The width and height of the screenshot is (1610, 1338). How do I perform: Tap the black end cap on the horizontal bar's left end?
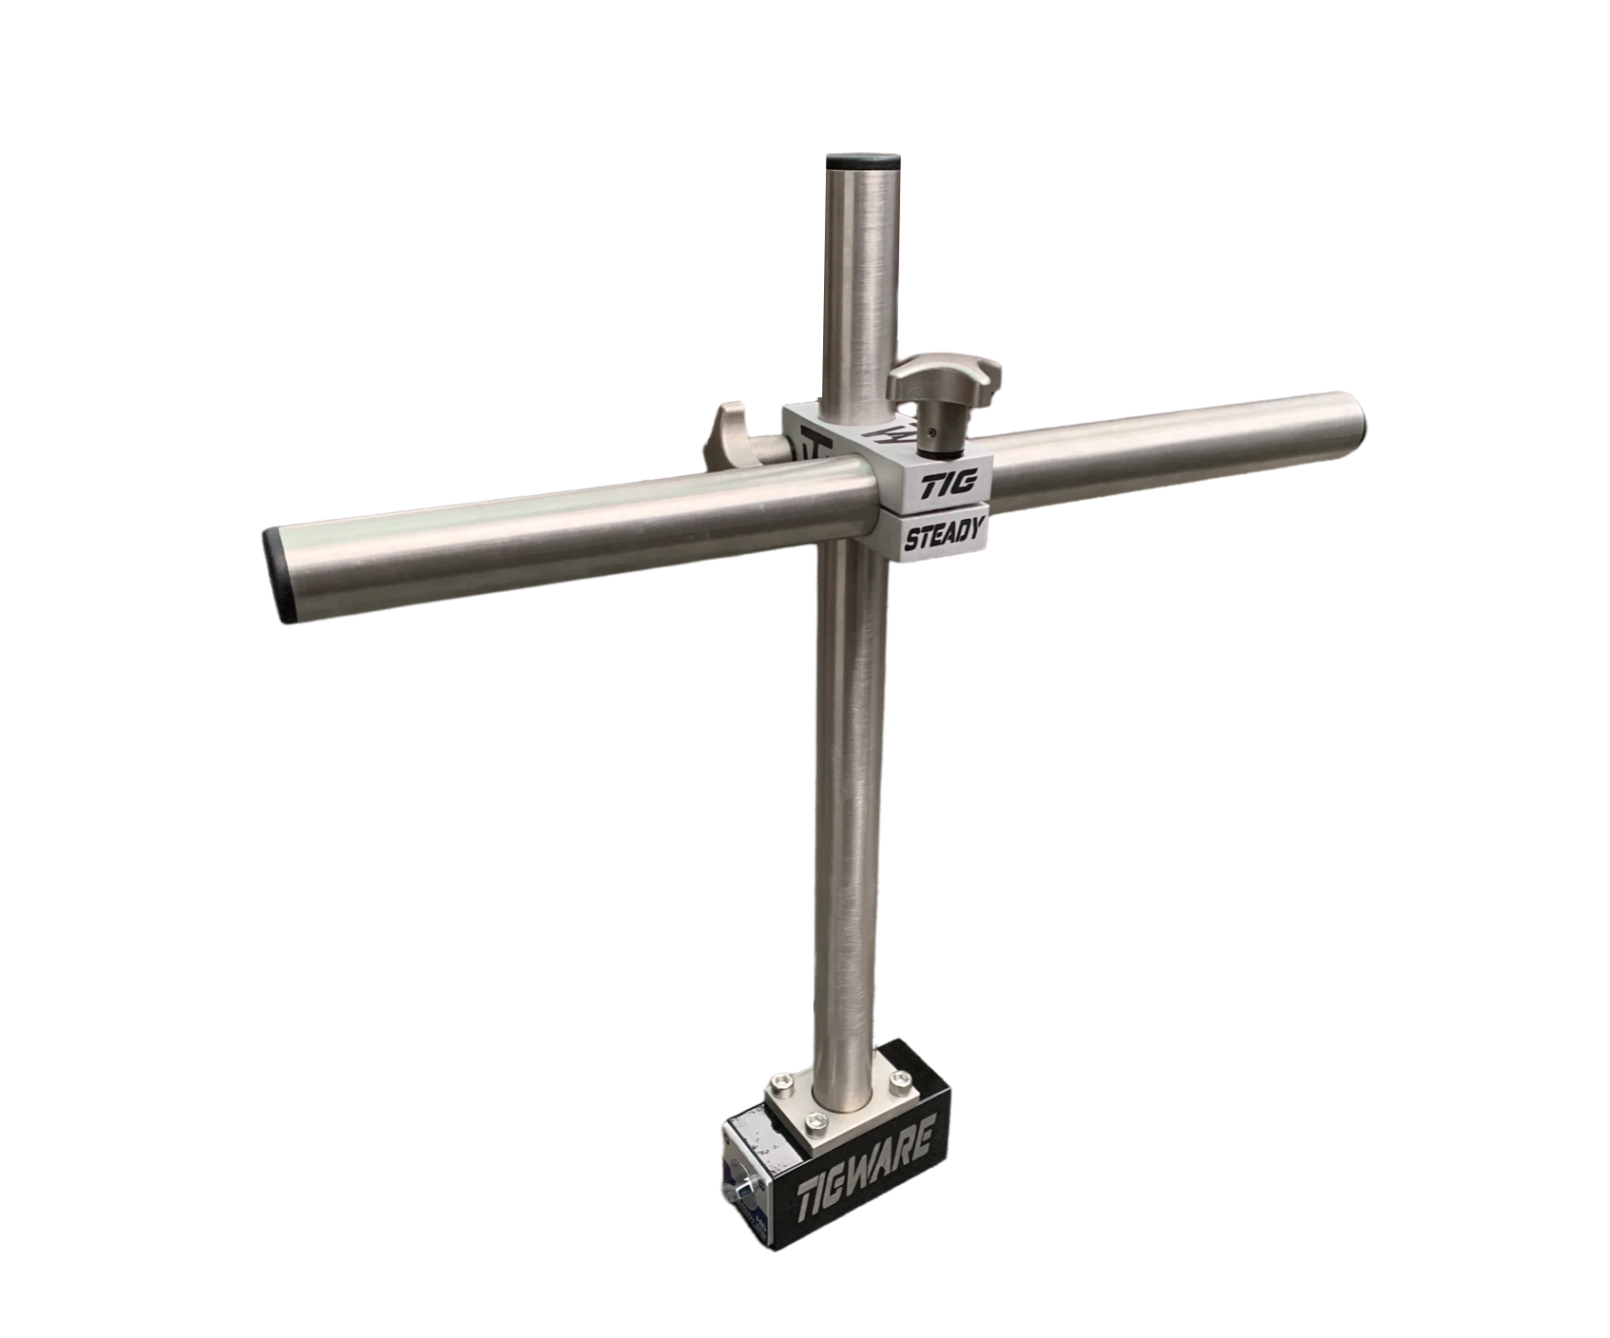tap(278, 578)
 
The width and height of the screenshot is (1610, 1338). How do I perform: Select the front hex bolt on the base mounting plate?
tap(816, 1123)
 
